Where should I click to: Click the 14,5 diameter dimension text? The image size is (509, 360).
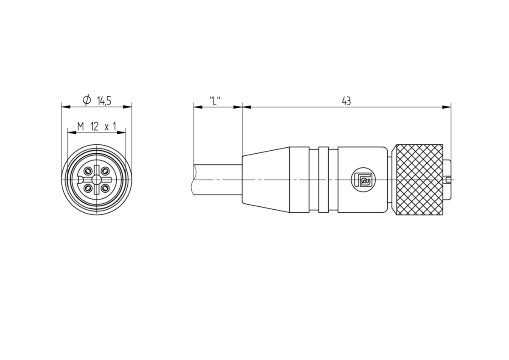[104, 101]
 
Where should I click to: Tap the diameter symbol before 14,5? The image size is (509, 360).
[87, 100]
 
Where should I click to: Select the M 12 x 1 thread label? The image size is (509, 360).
[97, 127]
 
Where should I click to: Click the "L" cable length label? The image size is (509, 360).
[215, 101]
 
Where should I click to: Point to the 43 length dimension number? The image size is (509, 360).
[346, 101]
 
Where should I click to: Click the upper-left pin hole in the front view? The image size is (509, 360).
[87, 170]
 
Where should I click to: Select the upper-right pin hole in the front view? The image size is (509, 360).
[105, 170]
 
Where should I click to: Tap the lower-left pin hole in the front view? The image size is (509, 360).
[87, 188]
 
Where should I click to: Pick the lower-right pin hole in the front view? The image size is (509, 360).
[105, 188]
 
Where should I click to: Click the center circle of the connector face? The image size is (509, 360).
[97, 180]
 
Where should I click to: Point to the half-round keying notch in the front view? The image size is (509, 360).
[80, 180]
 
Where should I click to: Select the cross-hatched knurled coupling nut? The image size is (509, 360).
[420, 180]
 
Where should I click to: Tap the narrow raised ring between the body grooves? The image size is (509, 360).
[324, 180]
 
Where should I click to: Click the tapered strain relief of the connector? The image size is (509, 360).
[266, 180]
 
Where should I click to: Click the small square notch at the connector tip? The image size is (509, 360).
[449, 180]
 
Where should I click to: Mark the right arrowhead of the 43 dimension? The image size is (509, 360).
[447, 107]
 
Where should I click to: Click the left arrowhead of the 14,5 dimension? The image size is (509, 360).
[66, 107]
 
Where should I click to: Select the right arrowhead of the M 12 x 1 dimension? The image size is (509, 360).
[121, 132]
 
